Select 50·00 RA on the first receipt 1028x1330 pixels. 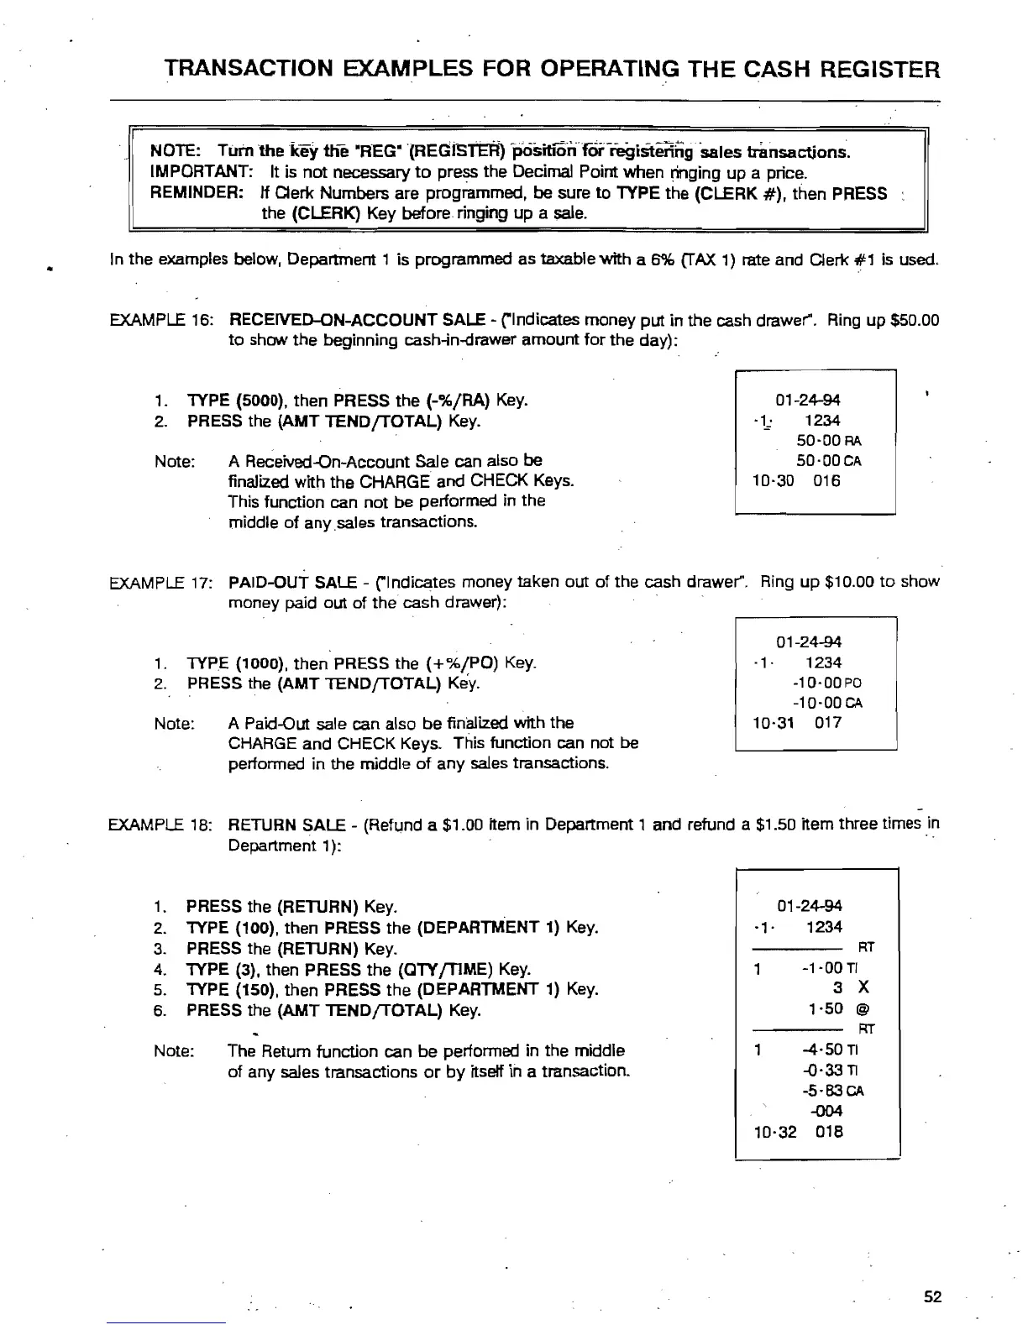pos(829,441)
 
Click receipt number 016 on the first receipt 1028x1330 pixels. pos(826,481)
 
